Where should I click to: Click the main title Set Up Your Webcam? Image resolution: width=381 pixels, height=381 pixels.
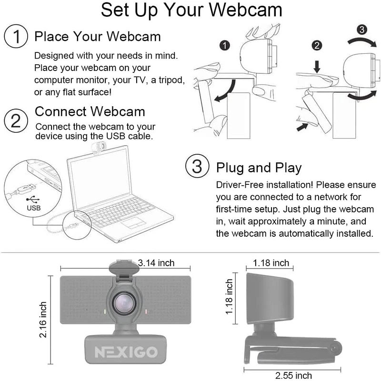(191, 10)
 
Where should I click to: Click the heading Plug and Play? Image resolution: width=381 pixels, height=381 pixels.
(259, 168)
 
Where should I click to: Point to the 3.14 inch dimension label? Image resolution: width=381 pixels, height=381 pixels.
(156, 263)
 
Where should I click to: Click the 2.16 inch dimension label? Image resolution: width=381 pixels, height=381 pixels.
(43, 320)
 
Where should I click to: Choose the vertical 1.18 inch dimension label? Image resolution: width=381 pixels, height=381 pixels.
(230, 297)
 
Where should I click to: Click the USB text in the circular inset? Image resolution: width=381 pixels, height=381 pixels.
(33, 208)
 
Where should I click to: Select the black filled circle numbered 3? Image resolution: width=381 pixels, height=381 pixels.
(362, 30)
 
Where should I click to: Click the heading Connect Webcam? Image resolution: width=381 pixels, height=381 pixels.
(90, 112)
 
